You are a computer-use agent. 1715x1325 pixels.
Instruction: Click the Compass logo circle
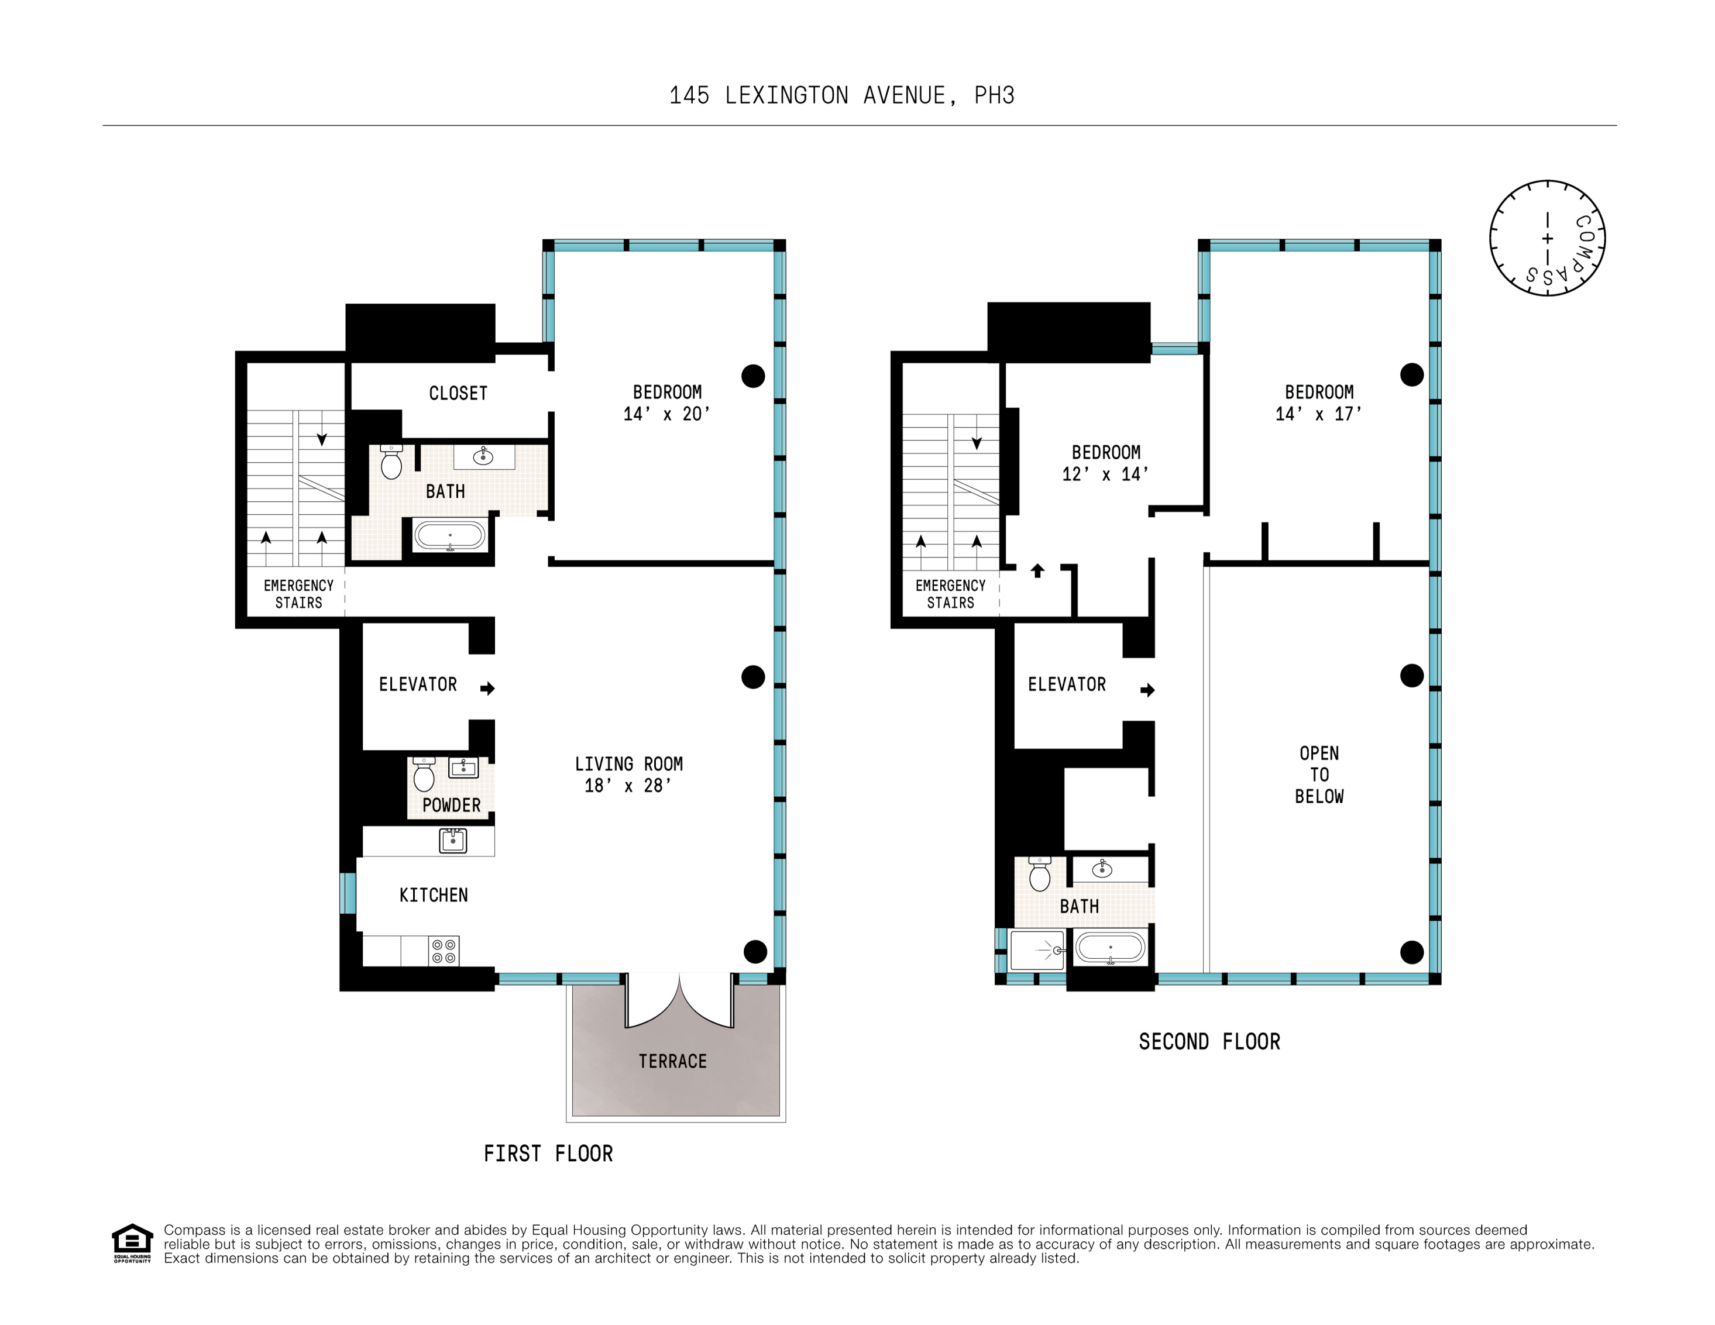click(1547, 238)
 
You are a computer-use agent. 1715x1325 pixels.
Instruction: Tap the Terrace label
click(672, 1061)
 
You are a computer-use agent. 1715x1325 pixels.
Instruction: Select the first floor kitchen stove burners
click(444, 951)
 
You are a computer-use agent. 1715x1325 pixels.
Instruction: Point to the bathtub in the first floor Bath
click(450, 536)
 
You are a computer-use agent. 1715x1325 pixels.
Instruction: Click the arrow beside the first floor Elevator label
click(487, 689)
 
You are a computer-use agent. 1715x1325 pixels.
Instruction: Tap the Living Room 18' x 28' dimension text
click(628, 786)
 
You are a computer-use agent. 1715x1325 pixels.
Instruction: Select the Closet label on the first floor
click(458, 393)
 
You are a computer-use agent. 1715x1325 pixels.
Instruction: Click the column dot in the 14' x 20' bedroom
click(753, 376)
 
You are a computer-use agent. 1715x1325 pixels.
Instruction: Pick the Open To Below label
click(1319, 775)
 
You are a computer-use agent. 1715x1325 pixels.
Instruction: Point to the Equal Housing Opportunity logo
click(132, 1243)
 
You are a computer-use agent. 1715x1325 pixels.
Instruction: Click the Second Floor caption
click(1209, 1042)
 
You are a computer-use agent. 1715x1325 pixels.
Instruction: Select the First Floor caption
click(548, 1153)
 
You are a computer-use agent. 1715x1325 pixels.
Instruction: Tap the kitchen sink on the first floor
click(453, 841)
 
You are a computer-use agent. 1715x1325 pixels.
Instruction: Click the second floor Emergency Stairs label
click(950, 594)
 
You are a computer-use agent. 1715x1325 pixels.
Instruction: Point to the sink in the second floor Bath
click(1102, 869)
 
